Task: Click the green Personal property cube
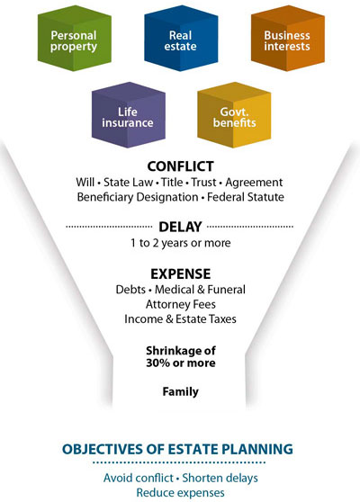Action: click(75, 38)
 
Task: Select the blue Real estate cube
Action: click(181, 38)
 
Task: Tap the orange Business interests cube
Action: click(288, 38)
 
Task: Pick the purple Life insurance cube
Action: click(129, 114)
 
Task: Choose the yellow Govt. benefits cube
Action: click(234, 114)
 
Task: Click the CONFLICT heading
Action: click(180, 166)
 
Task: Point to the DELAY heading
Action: click(180, 227)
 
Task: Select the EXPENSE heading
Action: click(181, 274)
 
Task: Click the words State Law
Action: click(128, 183)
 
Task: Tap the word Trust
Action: click(203, 183)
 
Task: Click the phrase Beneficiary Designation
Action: click(138, 197)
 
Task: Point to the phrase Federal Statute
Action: click(246, 197)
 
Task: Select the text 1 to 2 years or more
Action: click(180, 243)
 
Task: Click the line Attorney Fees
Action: click(181, 304)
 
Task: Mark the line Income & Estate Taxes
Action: click(180, 319)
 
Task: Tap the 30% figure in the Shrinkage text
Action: click(157, 363)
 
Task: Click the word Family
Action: click(180, 392)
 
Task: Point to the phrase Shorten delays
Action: click(220, 479)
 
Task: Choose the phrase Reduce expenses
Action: click(180, 493)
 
